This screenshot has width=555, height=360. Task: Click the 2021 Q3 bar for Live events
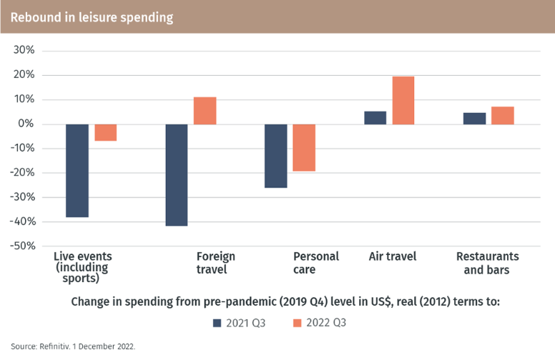coord(77,170)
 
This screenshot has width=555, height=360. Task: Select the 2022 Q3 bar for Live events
coord(106,132)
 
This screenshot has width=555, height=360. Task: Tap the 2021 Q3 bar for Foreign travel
coord(177,175)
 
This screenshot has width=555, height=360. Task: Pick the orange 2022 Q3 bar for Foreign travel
coord(205,111)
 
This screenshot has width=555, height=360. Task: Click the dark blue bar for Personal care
coord(276,156)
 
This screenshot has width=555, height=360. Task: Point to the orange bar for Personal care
coord(304,147)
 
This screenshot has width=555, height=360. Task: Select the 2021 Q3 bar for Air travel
coord(375,118)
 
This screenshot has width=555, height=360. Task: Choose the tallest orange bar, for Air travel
coord(403,100)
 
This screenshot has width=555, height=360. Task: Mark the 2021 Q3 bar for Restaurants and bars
coord(474,119)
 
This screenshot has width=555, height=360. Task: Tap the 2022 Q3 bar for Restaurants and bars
coord(502,115)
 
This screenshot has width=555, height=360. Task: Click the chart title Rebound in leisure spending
coord(92,17)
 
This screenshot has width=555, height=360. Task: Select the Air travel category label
coord(392,256)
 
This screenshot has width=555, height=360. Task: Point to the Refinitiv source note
coord(73,346)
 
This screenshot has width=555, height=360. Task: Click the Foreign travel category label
coord(215,263)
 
